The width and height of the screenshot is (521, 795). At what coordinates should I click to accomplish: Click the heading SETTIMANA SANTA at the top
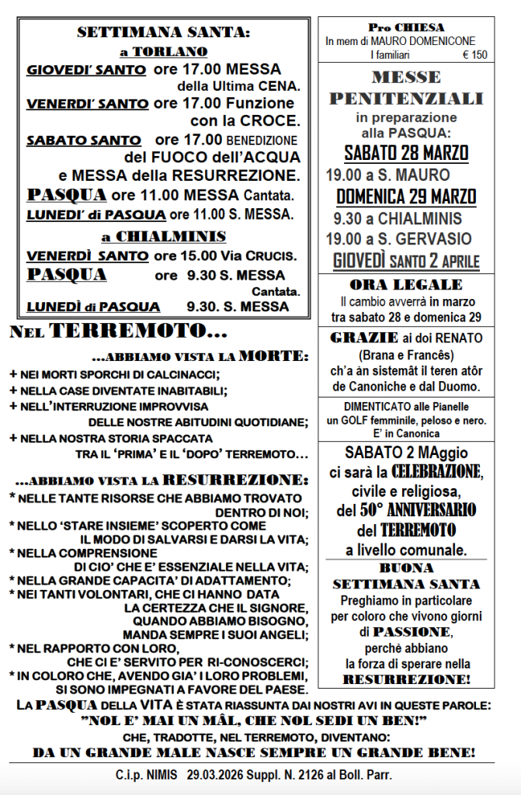tap(164, 33)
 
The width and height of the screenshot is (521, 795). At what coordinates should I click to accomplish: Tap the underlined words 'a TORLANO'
tap(164, 51)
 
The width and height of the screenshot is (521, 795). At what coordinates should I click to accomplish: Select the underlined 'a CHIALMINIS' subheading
tap(164, 236)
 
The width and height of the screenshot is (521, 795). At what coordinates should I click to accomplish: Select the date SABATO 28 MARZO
tap(406, 152)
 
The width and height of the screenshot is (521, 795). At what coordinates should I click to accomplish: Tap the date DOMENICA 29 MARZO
tap(406, 196)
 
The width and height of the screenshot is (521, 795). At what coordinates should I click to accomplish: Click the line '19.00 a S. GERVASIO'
tap(398, 239)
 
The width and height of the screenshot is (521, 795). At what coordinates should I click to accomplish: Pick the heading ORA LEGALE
tap(406, 284)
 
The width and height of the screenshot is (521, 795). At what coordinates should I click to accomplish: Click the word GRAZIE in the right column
tap(356, 338)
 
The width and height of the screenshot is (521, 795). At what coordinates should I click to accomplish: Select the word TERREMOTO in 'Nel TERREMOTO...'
tap(138, 332)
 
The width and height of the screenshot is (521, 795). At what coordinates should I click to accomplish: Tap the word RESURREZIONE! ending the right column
tap(406, 679)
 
